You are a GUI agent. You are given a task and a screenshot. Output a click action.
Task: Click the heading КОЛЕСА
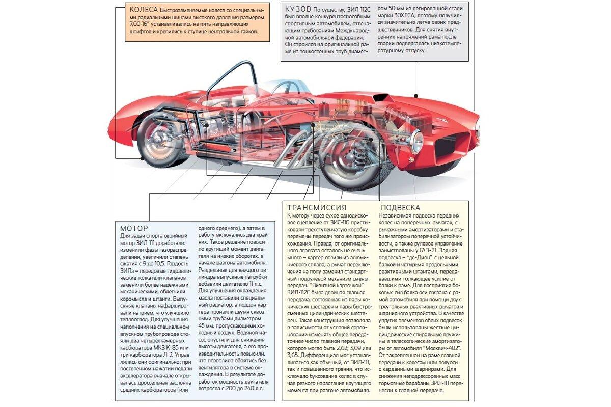[x=144, y=10]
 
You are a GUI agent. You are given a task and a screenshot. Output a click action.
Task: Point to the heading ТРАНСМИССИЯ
[x=317, y=208]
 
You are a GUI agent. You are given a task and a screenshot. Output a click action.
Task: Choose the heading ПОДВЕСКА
[x=400, y=208]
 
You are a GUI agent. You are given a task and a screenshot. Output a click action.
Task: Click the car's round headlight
[x=417, y=141]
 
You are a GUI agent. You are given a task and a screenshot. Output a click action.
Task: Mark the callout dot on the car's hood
[x=416, y=96]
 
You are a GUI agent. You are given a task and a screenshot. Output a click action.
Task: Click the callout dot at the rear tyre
[x=143, y=158]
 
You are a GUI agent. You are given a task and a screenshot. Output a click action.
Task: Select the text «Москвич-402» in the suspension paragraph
[x=442, y=348]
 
